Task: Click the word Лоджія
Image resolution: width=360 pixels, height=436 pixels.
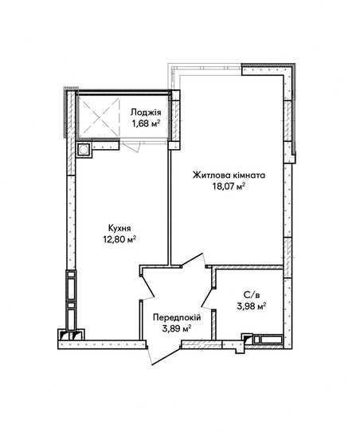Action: click(146, 112)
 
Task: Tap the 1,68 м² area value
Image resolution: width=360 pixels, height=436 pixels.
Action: click(146, 123)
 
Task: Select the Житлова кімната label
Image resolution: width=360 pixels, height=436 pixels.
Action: click(229, 175)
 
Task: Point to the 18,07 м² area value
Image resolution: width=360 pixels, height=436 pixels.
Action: click(229, 186)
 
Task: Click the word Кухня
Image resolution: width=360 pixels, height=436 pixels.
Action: click(119, 229)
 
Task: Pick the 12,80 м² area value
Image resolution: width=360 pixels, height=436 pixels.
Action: click(119, 239)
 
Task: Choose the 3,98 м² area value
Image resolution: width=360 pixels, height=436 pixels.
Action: click(252, 306)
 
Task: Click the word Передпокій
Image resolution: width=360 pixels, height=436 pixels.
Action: click(177, 317)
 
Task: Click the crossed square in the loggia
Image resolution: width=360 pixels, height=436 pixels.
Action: click(100, 116)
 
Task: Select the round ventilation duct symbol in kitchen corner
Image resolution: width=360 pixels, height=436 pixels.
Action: click(84, 150)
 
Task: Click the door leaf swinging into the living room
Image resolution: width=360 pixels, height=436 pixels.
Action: click(194, 260)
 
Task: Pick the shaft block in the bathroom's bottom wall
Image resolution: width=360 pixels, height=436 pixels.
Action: click(263, 340)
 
